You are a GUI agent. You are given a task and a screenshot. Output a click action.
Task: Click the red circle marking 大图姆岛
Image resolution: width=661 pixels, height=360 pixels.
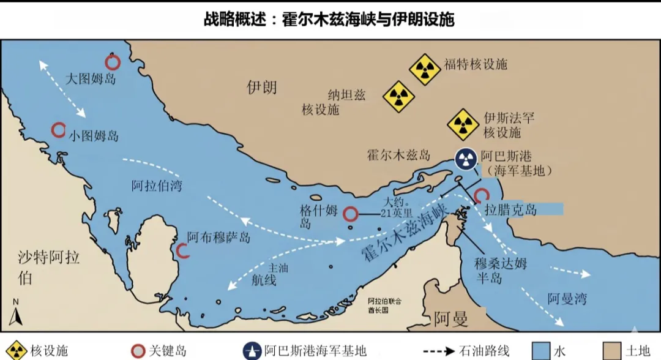tap(113, 62)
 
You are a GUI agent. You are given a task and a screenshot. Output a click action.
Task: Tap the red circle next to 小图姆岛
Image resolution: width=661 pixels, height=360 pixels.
tap(58, 130)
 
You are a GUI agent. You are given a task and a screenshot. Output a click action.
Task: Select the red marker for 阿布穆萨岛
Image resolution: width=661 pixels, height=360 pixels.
tap(182, 250)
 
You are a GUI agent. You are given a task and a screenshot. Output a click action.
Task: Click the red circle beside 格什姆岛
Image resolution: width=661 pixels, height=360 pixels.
tap(350, 214)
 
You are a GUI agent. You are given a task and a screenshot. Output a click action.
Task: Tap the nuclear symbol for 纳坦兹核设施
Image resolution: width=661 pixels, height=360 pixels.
tap(398, 97)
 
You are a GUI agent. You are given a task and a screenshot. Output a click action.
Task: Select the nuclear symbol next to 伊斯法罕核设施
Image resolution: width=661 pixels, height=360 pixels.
tap(463, 125)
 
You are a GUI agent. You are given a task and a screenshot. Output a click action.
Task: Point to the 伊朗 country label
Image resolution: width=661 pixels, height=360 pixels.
tap(261, 87)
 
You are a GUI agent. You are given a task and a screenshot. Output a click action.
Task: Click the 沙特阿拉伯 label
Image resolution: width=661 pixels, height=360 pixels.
tap(39, 267)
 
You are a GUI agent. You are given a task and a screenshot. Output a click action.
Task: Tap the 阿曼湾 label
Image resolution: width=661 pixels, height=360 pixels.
tap(567, 299)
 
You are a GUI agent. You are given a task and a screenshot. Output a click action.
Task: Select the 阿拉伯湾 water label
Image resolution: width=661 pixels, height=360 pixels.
tap(157, 185)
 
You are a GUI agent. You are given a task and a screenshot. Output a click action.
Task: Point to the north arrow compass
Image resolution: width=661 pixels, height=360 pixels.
tap(17, 313)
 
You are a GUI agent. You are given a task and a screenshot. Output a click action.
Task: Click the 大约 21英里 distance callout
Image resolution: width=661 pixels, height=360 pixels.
tap(396, 208)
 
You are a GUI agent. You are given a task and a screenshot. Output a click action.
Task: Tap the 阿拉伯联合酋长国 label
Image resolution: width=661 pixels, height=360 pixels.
tap(384, 305)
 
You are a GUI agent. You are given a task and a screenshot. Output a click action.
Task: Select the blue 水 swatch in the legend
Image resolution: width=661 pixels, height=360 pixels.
tap(540, 350)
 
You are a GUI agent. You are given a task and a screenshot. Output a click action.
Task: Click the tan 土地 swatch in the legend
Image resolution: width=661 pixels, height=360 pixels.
tap(613, 350)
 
